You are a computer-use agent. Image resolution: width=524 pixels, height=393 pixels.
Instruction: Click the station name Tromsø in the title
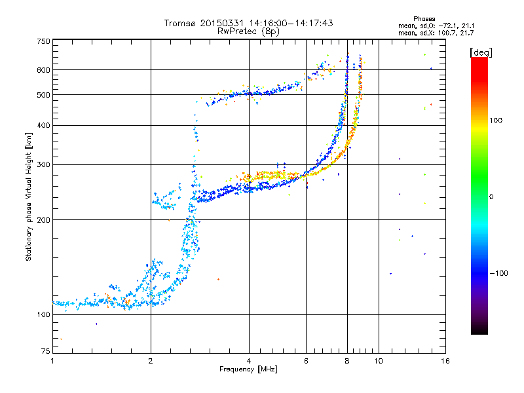[181, 23]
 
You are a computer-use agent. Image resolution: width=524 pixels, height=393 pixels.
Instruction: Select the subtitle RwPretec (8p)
[248, 31]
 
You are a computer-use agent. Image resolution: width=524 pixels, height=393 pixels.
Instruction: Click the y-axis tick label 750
[43, 41]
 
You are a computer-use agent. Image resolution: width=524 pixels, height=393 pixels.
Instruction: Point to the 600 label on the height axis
[43, 70]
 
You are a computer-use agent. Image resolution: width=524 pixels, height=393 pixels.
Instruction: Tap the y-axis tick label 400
[43, 125]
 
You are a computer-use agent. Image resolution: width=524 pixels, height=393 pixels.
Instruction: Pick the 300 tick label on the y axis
[43, 164]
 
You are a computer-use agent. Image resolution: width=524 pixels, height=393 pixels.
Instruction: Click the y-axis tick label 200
[43, 220]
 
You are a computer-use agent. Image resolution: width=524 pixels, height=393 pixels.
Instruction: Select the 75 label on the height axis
[46, 351]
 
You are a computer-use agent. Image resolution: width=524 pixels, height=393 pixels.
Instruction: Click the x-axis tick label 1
[52, 361]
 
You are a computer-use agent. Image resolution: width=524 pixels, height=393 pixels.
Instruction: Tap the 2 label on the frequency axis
[151, 361]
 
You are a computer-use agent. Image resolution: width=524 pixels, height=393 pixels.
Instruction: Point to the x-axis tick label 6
[306, 361]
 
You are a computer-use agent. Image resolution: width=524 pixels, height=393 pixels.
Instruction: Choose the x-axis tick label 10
[379, 361]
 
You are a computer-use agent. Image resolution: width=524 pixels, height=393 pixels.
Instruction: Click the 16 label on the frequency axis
[445, 361]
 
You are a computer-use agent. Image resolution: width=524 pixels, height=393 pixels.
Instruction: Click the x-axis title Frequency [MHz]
[248, 369]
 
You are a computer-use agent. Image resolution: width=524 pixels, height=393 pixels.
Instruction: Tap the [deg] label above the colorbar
[481, 52]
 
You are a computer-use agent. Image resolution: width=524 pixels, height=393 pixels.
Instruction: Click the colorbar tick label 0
[491, 197]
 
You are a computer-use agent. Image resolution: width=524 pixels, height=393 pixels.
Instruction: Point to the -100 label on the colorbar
[498, 273]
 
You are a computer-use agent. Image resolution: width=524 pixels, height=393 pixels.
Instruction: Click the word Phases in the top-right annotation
[424, 19]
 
